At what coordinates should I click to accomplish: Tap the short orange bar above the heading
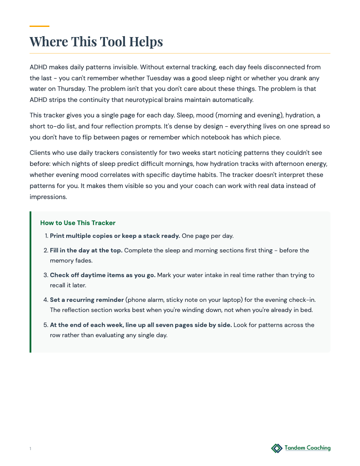tap(39, 26)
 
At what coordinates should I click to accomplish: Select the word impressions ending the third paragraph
tap(48, 196)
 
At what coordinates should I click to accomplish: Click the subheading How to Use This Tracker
tap(78, 223)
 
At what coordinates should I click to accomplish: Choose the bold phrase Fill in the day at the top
tap(86, 250)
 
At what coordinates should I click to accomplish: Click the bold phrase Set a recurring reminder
tap(87, 300)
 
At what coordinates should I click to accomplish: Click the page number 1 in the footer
tap(30, 449)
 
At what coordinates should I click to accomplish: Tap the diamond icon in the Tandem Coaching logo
tap(277, 448)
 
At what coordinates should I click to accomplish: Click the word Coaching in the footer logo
tap(315, 448)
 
